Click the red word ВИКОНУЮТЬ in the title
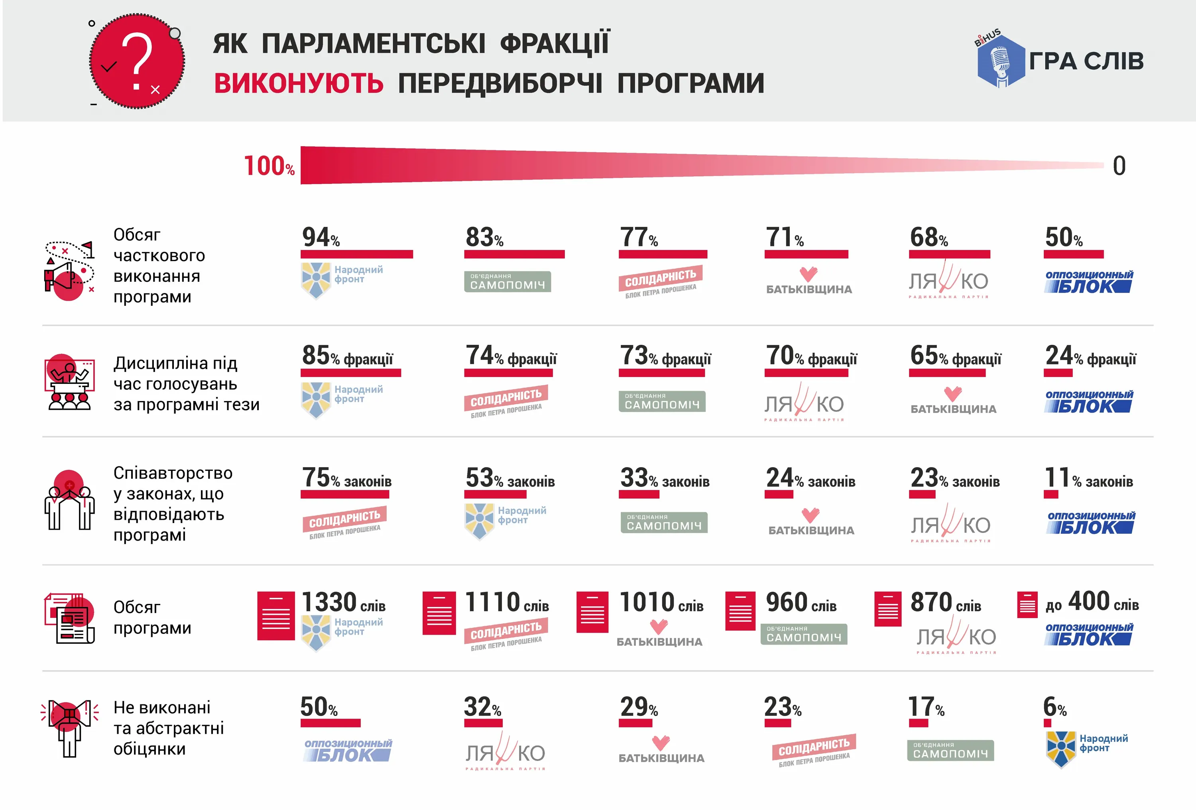click(299, 83)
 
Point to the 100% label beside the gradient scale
click(269, 166)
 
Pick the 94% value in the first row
click(321, 237)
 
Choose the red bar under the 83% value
click(514, 254)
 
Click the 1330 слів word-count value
click(343, 603)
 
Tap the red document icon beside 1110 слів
click(439, 613)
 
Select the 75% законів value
click(346, 478)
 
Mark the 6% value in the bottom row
click(1054, 708)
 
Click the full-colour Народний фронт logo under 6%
click(1086, 748)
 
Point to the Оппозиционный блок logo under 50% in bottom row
click(348, 750)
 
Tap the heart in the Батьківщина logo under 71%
click(808, 273)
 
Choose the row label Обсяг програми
click(152, 617)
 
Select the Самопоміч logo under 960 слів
click(803, 634)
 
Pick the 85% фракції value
click(347, 356)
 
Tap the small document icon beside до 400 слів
click(1027, 604)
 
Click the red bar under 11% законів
click(1050, 495)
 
